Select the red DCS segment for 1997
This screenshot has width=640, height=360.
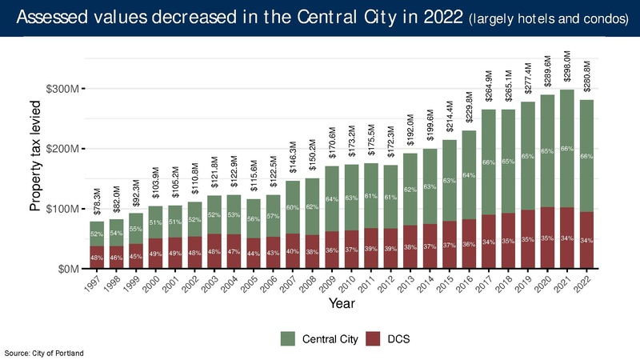click(96, 258)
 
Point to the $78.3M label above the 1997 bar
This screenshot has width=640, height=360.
click(97, 200)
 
